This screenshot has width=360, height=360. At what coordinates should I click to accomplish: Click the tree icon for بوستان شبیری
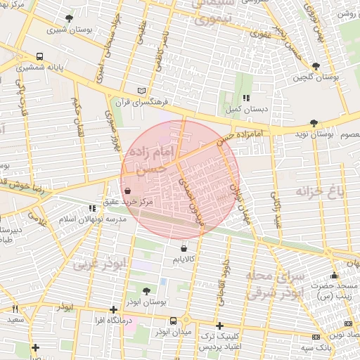pos(68,18)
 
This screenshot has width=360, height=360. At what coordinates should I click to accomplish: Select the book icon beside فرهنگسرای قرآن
pos(143,91)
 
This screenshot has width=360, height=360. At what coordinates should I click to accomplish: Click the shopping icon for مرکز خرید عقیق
pos(127,190)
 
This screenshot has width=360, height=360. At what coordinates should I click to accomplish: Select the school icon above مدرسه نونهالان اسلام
pos(92,208)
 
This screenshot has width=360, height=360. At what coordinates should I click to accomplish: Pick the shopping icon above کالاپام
pos(184,248)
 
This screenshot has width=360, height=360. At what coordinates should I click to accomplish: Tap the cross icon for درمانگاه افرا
pos(113,309)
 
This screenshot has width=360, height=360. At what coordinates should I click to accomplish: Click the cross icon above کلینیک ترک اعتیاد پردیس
pos(220,326)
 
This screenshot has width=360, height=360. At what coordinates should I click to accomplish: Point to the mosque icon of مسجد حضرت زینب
pos(334,276)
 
